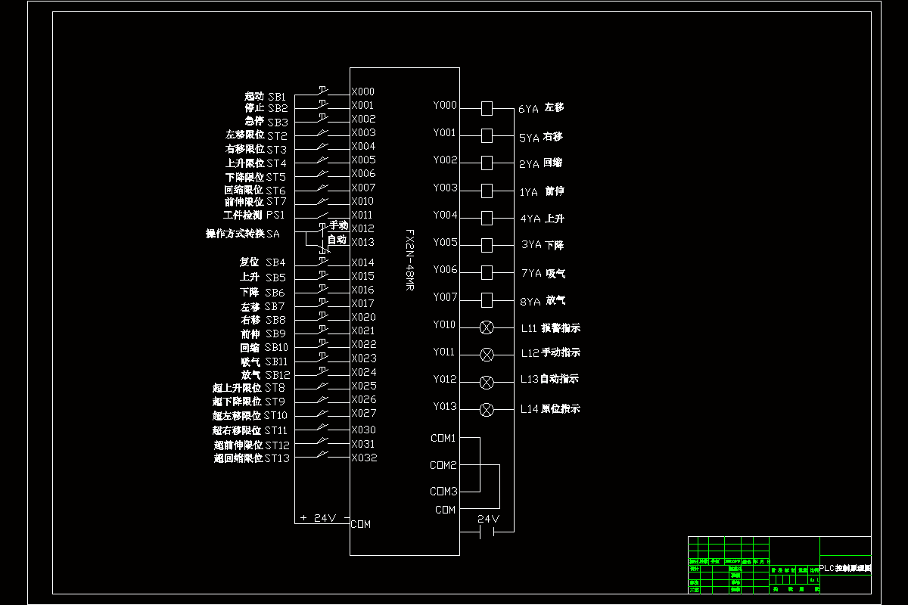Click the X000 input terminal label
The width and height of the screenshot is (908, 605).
362,92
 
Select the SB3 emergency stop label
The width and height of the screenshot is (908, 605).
278,122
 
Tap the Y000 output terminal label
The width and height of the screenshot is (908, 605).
445,106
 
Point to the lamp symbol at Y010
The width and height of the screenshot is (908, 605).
487,327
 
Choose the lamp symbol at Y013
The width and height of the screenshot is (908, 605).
487,409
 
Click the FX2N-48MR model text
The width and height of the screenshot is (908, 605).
409,261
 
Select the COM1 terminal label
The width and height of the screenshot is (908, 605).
443,439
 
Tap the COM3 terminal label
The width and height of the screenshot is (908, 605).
443,492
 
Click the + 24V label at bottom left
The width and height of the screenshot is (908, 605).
318,519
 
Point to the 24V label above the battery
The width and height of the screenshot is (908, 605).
489,519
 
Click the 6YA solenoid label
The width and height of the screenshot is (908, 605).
528,109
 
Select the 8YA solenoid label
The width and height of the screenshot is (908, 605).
530,301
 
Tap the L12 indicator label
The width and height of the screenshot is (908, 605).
529,353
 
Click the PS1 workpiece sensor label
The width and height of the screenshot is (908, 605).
275,216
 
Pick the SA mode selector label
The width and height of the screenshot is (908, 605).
272,234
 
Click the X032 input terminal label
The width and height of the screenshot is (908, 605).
364,458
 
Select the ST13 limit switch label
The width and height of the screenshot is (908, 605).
277,458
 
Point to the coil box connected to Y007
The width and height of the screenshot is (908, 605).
487,299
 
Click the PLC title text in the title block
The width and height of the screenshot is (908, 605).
845,568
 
